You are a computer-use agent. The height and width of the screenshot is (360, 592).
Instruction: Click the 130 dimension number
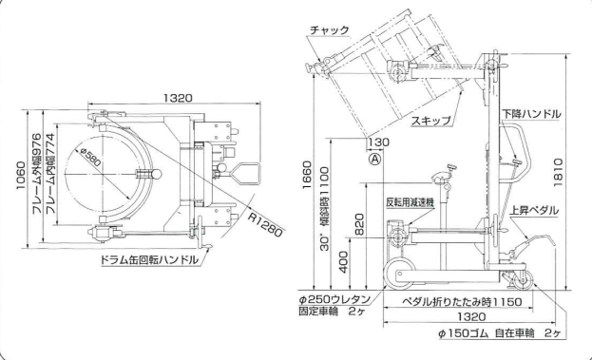[x=380, y=142]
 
